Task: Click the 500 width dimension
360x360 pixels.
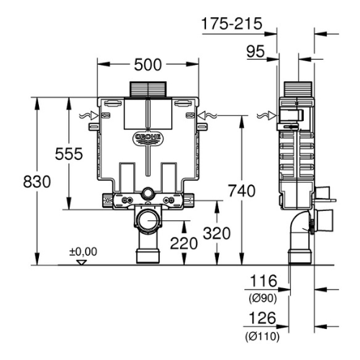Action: [148, 65]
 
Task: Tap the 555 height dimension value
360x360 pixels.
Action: [69, 153]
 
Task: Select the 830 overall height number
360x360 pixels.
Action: [37, 181]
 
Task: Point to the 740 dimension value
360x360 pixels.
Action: [242, 191]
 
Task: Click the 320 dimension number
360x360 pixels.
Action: [217, 233]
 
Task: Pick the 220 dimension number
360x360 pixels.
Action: [184, 243]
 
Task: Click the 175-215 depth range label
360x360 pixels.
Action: [232, 24]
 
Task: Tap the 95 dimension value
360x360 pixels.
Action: [256, 51]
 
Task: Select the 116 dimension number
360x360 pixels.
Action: [264, 281]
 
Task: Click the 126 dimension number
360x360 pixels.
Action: [262, 318]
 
